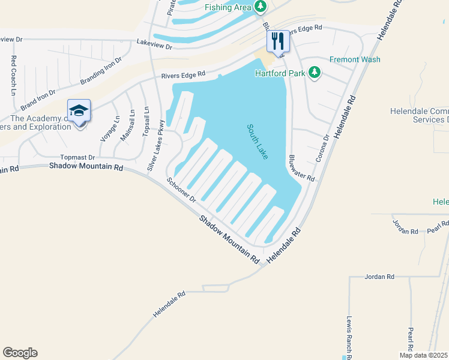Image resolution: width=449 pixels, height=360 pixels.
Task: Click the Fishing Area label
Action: coord(228,7)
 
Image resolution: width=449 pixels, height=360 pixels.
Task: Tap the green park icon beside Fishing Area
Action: coord(261,7)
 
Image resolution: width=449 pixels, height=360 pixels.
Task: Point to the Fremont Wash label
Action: coord(355,59)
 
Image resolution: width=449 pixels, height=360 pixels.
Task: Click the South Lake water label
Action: coord(258,142)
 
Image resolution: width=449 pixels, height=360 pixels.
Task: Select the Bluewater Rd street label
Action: coord(301,167)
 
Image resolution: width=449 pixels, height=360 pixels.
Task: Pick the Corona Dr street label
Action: coord(322,148)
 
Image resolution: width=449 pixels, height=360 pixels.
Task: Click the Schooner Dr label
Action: coord(182,190)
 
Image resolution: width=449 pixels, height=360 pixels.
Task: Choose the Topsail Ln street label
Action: coord(145,122)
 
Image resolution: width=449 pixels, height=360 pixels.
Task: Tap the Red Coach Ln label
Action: coord(13,76)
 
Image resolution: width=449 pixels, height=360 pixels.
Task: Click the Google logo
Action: coord(20,353)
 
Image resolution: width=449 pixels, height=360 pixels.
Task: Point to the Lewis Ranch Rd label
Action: coord(349,338)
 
